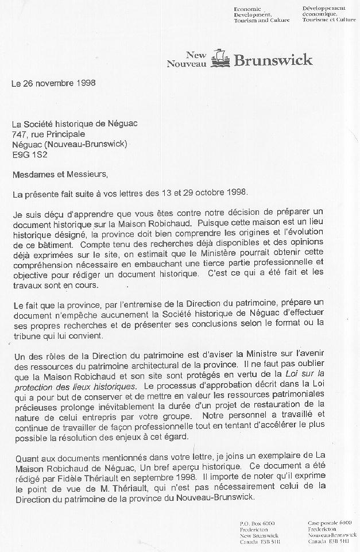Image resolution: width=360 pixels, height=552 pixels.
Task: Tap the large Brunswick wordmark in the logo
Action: pyautogui.click(x=273, y=60)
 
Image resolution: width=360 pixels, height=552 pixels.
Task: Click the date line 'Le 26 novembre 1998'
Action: pyautogui.click(x=53, y=82)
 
